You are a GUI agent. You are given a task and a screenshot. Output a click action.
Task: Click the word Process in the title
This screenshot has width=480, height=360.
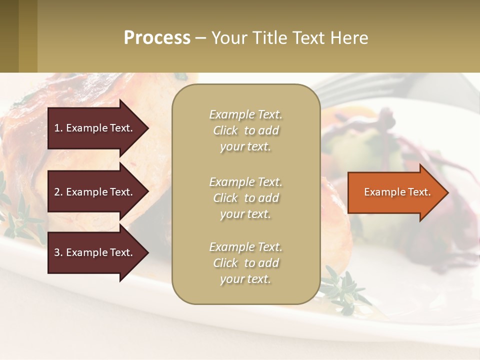coord(157,38)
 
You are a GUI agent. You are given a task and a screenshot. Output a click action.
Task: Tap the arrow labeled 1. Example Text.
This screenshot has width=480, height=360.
coord(95,128)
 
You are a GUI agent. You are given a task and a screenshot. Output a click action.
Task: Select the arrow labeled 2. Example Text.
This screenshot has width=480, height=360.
coord(95,192)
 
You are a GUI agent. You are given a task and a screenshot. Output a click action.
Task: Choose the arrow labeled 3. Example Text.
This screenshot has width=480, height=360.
coord(95,252)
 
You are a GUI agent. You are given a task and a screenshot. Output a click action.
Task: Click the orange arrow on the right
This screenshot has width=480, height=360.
coord(395,192)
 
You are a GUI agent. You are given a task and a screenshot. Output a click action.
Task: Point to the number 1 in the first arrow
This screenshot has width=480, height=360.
coord(57,128)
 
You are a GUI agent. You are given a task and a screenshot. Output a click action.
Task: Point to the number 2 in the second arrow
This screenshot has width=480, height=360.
coord(57,192)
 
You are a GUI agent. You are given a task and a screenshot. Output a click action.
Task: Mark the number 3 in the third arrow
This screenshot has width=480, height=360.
coord(57,252)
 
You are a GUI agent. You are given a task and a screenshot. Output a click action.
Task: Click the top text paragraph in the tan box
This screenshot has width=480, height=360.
coord(245,130)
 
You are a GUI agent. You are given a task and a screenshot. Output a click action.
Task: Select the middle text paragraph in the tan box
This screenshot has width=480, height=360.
coord(245,198)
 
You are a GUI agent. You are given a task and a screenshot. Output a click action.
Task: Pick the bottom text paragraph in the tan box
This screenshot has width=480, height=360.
coord(245,263)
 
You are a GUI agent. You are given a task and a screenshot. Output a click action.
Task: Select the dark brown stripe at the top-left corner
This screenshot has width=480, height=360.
coord(9,36)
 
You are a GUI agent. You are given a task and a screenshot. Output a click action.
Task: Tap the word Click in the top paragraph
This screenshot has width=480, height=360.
coord(225,130)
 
